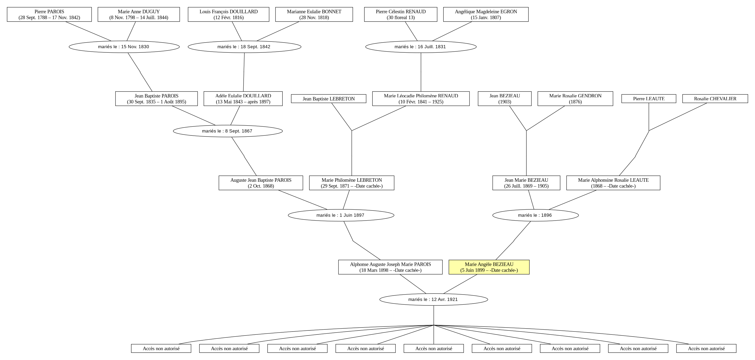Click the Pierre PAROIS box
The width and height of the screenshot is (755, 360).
pos(49,14)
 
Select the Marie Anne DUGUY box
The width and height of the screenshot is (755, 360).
pos(139,14)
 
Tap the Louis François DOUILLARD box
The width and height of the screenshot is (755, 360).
pos(229,14)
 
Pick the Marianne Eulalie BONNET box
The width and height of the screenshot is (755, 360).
pos(314,14)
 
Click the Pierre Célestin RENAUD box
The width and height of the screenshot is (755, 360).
pos(401,14)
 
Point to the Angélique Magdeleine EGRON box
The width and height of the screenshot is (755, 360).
pos(486,14)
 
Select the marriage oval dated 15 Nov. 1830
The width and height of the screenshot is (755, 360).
pos(124,47)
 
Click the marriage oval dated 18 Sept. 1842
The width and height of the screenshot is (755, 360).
pos(244,47)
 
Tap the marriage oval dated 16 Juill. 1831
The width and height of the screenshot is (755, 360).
pos(421,47)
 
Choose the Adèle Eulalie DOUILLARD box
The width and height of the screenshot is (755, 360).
pos(243,99)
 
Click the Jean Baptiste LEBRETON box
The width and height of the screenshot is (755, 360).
pos(329,99)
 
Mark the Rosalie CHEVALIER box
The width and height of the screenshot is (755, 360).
pos(715,99)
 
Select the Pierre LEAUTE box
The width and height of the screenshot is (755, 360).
pos(649,99)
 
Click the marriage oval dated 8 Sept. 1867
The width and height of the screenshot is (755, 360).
pos(228,131)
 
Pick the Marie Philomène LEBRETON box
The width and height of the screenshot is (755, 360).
pos(352,183)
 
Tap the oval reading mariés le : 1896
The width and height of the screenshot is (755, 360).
pos(535,215)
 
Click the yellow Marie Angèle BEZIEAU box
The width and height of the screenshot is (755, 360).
pos(489,267)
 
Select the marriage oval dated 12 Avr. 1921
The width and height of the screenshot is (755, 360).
pos(433,299)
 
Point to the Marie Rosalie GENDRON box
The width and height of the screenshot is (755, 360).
pos(575,99)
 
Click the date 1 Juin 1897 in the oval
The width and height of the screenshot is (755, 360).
pos(352,215)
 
